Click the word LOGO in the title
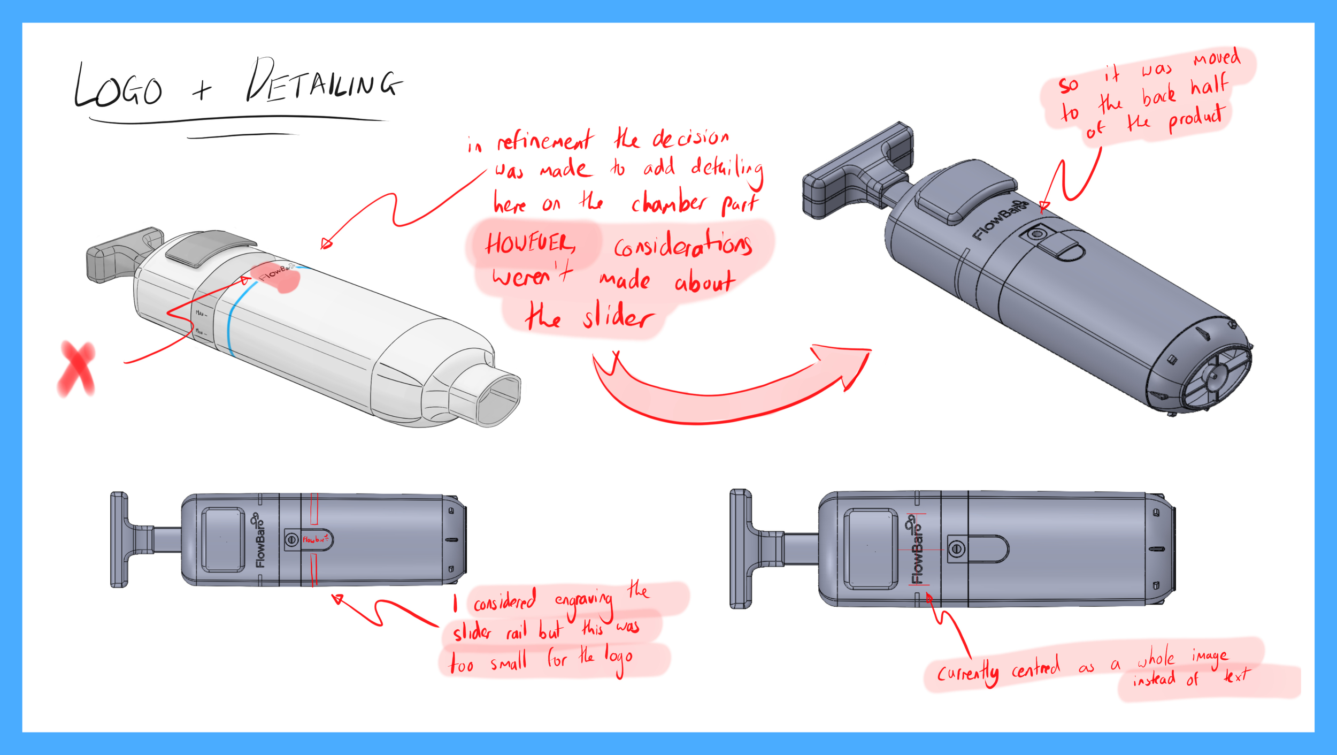[119, 88]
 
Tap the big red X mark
[76, 369]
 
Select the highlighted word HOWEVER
[529, 244]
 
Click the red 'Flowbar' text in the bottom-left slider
[315, 539]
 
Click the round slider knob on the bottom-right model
[957, 548]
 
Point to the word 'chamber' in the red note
[669, 203]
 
